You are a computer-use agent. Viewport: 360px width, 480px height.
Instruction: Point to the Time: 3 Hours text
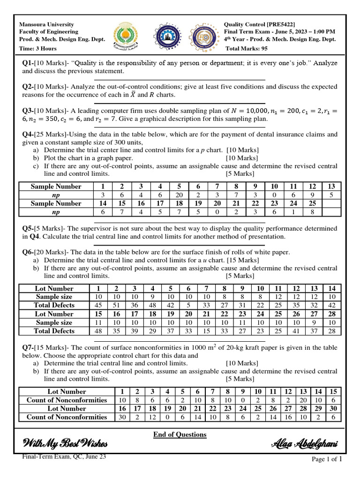pyautogui.click(x=37, y=48)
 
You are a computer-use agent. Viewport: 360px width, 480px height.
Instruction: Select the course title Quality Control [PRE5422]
pyautogui.click(x=260, y=24)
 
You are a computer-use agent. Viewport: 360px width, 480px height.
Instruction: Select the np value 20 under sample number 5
pyautogui.click(x=179, y=195)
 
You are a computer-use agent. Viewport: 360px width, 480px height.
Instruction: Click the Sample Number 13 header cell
pyautogui.click(x=331, y=187)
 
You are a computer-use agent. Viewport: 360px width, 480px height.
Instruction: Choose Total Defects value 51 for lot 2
pyautogui.click(x=116, y=306)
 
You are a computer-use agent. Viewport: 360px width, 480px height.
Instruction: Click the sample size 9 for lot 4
pyautogui.click(x=152, y=297)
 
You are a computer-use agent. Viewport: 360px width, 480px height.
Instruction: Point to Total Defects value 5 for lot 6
pyautogui.click(x=188, y=306)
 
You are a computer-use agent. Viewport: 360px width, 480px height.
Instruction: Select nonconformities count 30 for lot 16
pyautogui.click(x=123, y=417)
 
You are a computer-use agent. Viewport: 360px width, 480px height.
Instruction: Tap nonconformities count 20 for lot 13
pyautogui.click(x=303, y=400)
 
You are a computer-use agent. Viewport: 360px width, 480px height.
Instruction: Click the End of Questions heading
pyautogui.click(x=180, y=435)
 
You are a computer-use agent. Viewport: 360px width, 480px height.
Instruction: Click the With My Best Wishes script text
pyautogui.click(x=65, y=444)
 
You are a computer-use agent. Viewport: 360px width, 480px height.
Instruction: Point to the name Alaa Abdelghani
pyautogui.click(x=304, y=444)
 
